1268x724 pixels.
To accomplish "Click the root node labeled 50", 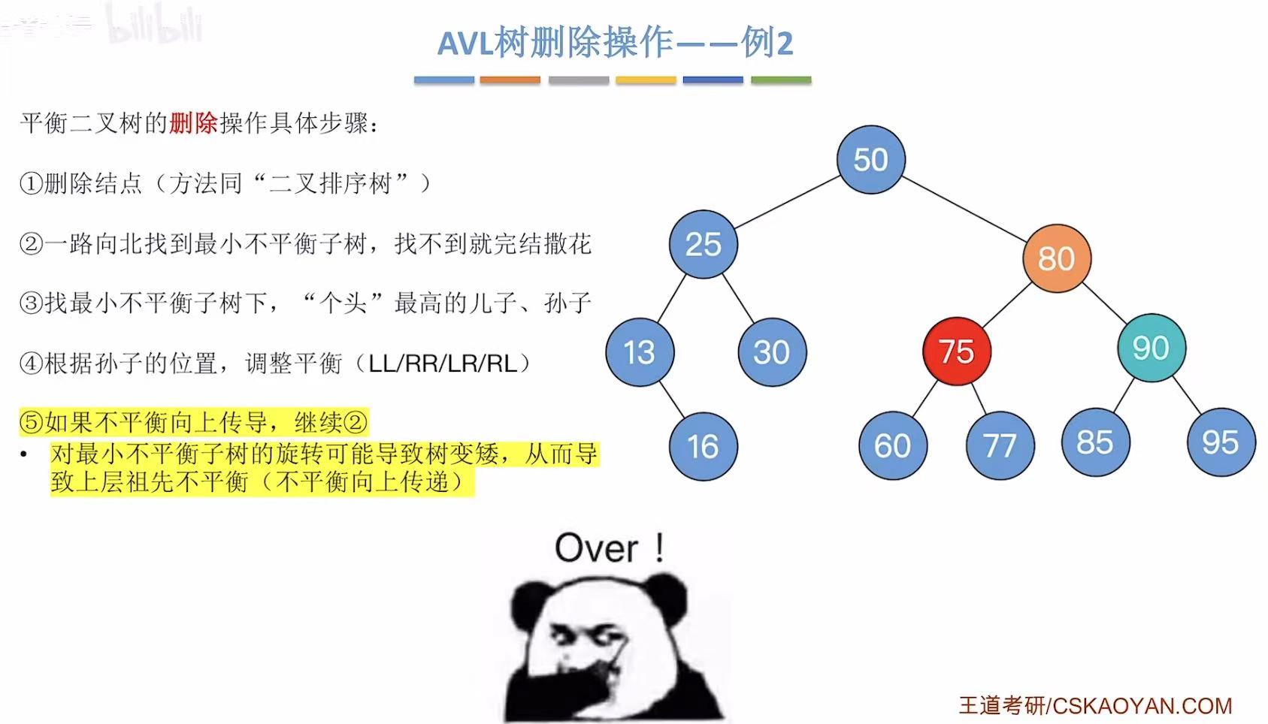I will (x=870, y=160).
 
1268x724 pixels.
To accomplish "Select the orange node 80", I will (x=1056, y=258).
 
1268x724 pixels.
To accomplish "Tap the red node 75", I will (x=956, y=351).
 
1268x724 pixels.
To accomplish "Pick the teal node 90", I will (x=1151, y=348).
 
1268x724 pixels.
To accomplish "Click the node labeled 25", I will (x=703, y=244).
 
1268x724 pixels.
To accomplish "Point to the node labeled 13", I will (x=640, y=352).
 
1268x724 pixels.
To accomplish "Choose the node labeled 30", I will (x=772, y=352).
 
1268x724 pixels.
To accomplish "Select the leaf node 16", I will (x=703, y=447).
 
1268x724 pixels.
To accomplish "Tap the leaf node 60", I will (x=892, y=446).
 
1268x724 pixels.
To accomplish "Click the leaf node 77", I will (x=1000, y=446).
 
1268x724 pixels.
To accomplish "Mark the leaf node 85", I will (x=1095, y=442).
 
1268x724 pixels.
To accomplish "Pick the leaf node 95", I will (x=1221, y=442).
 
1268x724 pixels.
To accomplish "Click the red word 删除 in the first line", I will (x=193, y=123).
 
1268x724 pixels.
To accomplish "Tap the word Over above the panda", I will (x=597, y=548).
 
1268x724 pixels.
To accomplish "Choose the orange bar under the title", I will (x=510, y=80).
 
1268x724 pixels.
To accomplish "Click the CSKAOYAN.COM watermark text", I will (x=1142, y=706).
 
